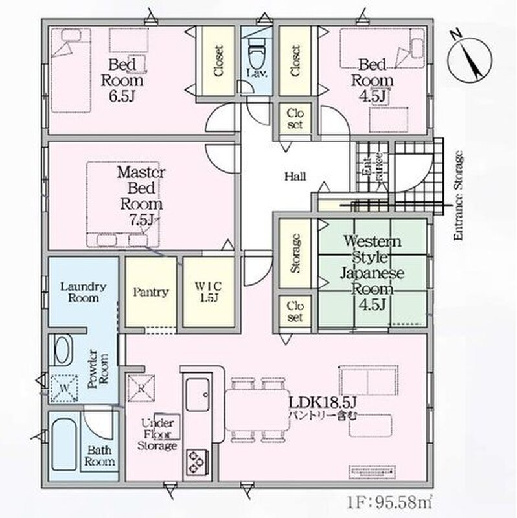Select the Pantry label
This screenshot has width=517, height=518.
151,292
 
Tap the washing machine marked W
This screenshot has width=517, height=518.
63,387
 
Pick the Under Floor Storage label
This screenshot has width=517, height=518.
157,435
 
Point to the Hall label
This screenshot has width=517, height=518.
295,176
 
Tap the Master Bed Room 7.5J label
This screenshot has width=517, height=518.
140,196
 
